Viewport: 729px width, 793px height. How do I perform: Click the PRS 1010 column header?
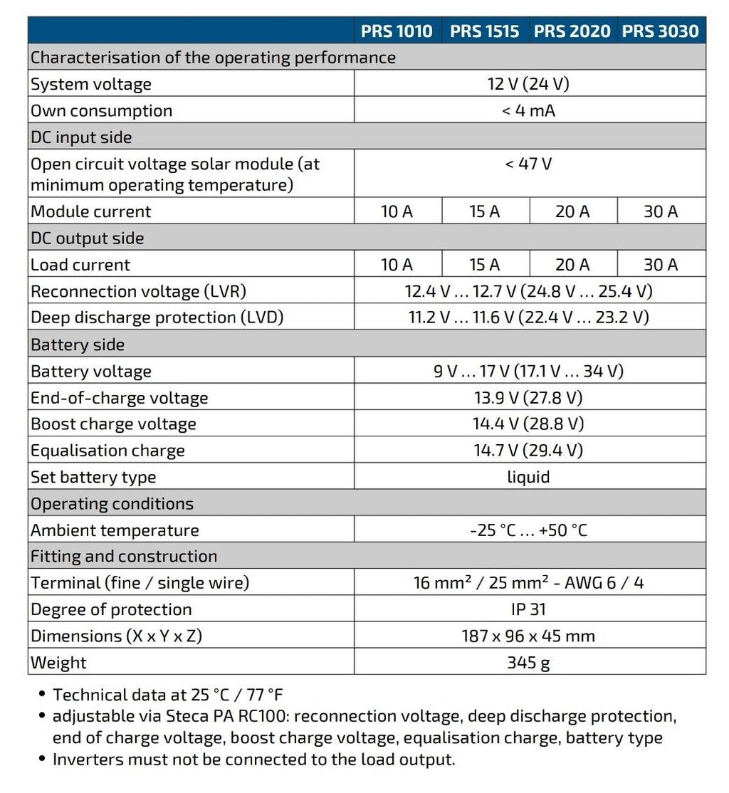pyautogui.click(x=397, y=31)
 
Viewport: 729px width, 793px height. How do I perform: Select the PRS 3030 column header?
pyautogui.click(x=661, y=31)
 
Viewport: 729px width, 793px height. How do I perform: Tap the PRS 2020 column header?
pyautogui.click(x=572, y=31)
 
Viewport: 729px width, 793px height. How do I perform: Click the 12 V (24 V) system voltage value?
pyautogui.click(x=528, y=84)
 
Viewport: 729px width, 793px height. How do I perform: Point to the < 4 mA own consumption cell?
pyautogui.click(x=528, y=110)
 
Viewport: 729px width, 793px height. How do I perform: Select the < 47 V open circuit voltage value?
pyautogui.click(x=528, y=164)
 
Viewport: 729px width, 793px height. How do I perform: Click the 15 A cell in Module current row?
pyautogui.click(x=485, y=211)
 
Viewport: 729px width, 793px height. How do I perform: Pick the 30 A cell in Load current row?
pyautogui.click(x=661, y=265)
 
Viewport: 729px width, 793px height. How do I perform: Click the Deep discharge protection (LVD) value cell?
pyautogui.click(x=528, y=317)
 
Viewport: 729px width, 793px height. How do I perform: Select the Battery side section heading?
pyautogui.click(x=78, y=345)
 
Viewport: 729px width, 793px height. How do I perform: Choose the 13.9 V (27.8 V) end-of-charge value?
pyautogui.click(x=528, y=397)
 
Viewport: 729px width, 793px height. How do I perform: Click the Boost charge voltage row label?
pyautogui.click(x=113, y=424)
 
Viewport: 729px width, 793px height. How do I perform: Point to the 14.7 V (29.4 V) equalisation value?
pyautogui.click(x=528, y=450)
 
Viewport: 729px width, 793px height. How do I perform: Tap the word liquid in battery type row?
pyautogui.click(x=528, y=476)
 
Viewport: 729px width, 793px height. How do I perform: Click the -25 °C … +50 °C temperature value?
pyautogui.click(x=528, y=530)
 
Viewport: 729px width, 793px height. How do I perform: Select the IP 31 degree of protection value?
pyautogui.click(x=528, y=609)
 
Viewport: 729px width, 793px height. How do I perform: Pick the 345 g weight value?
pyautogui.click(x=528, y=662)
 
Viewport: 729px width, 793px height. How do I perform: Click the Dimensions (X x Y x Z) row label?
pyautogui.click(x=116, y=636)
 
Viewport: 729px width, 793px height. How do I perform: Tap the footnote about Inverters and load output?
pyautogui.click(x=253, y=760)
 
